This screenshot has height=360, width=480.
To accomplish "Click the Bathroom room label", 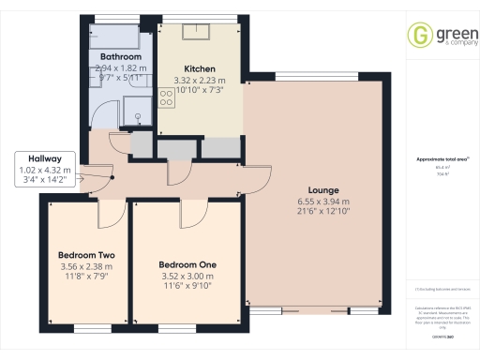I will point(120,57).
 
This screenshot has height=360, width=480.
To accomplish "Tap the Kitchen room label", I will point(200,68).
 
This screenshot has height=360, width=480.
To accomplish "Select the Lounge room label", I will point(323,190).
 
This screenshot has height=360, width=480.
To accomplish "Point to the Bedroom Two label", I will point(85,254).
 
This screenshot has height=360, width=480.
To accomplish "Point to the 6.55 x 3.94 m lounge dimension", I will point(323,202).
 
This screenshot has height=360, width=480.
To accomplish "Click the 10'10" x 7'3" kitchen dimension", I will point(200,91).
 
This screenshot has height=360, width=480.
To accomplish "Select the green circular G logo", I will point(419,36).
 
